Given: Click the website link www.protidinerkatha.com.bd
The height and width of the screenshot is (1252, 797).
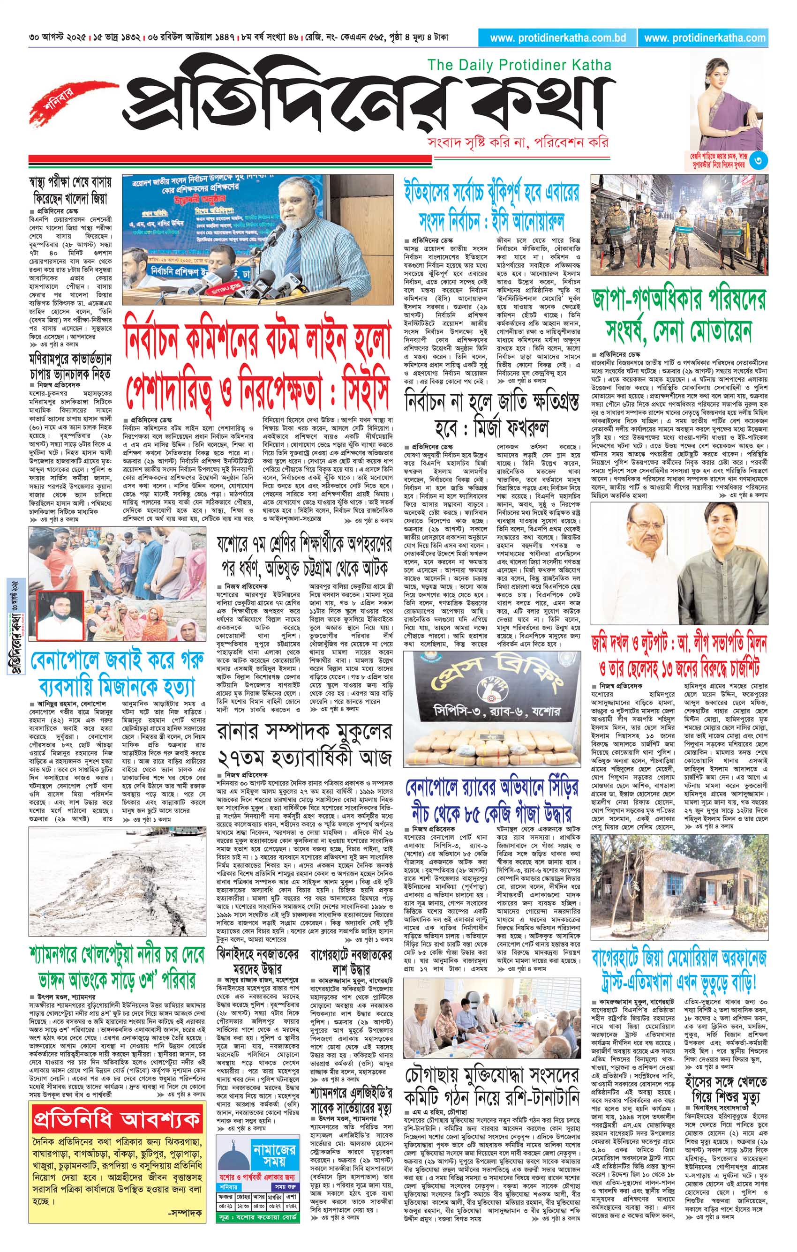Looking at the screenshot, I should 557,38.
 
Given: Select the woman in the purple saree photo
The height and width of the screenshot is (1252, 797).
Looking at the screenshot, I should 729,104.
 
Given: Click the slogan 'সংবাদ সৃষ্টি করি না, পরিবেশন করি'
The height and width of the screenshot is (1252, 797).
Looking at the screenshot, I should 516,142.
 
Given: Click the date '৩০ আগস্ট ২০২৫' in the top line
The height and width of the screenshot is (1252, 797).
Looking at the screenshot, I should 58,38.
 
